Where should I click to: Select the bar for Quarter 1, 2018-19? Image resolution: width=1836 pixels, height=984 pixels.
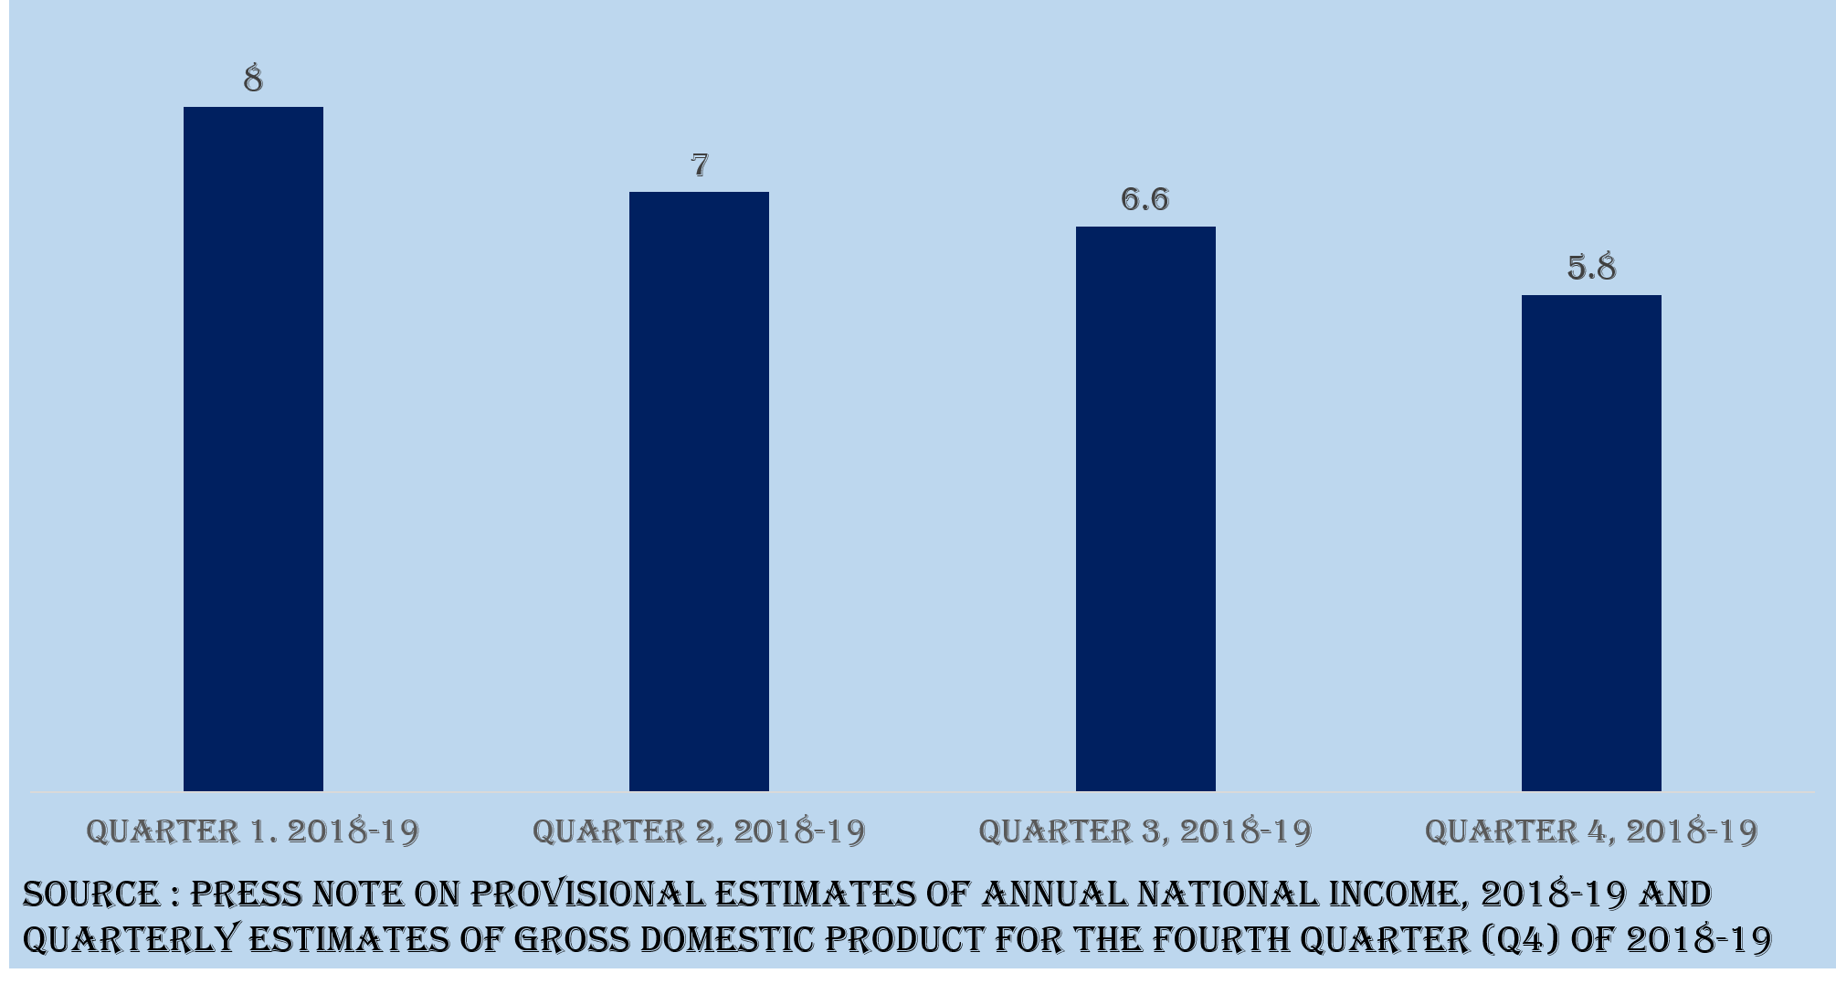253,448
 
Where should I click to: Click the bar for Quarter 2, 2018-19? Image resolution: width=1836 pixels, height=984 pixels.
699,491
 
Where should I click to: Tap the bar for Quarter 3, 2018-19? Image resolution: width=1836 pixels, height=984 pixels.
1145,508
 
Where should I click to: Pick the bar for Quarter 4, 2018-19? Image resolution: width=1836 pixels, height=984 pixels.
1591,543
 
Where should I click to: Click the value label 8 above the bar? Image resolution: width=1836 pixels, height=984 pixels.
253,79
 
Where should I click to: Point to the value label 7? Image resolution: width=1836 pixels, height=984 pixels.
700,165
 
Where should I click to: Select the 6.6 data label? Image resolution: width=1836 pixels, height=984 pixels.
1145,199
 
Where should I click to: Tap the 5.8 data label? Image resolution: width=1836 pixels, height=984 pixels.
1591,268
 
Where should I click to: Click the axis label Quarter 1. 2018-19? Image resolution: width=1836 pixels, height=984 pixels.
253,831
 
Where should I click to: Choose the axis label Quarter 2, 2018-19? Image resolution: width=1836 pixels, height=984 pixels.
699,831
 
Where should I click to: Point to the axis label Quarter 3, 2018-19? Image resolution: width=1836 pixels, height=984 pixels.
1145,831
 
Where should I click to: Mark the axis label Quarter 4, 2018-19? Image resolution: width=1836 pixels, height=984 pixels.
1591,831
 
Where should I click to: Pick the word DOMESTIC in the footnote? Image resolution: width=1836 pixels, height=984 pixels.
730,939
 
